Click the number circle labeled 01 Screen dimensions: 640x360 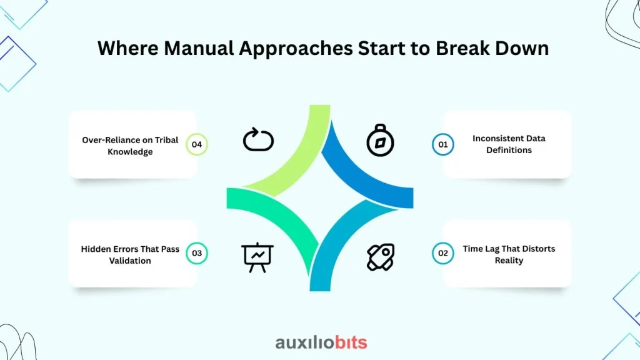[x=443, y=144]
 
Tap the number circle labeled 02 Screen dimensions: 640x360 [x=443, y=253]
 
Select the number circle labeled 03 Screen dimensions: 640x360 [x=197, y=253]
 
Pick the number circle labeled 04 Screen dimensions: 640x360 [x=197, y=144]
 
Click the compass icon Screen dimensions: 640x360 [x=380, y=141]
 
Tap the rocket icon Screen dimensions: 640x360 [x=381, y=257]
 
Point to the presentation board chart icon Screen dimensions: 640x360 [x=257, y=257]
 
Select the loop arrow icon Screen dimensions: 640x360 [x=258, y=139]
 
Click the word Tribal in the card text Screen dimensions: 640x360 [x=166, y=140]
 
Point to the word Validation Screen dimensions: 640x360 [x=130, y=261]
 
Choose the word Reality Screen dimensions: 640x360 [x=509, y=261]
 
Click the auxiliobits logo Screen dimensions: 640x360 [x=321, y=342]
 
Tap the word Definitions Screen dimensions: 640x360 [x=509, y=150]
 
